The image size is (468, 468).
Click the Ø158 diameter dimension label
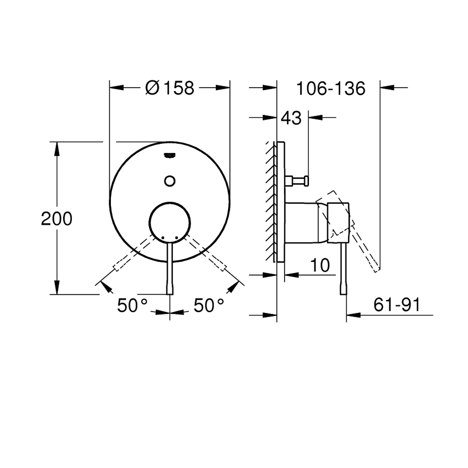[170, 88]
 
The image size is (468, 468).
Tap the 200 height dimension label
[57, 218]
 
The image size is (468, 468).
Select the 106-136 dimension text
[331, 88]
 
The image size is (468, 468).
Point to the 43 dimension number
[291, 118]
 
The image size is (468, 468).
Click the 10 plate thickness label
[320, 265]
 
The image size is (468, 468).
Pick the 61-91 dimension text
[397, 305]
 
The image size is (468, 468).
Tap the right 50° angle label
[209, 305]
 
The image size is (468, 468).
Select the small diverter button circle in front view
[170, 181]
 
